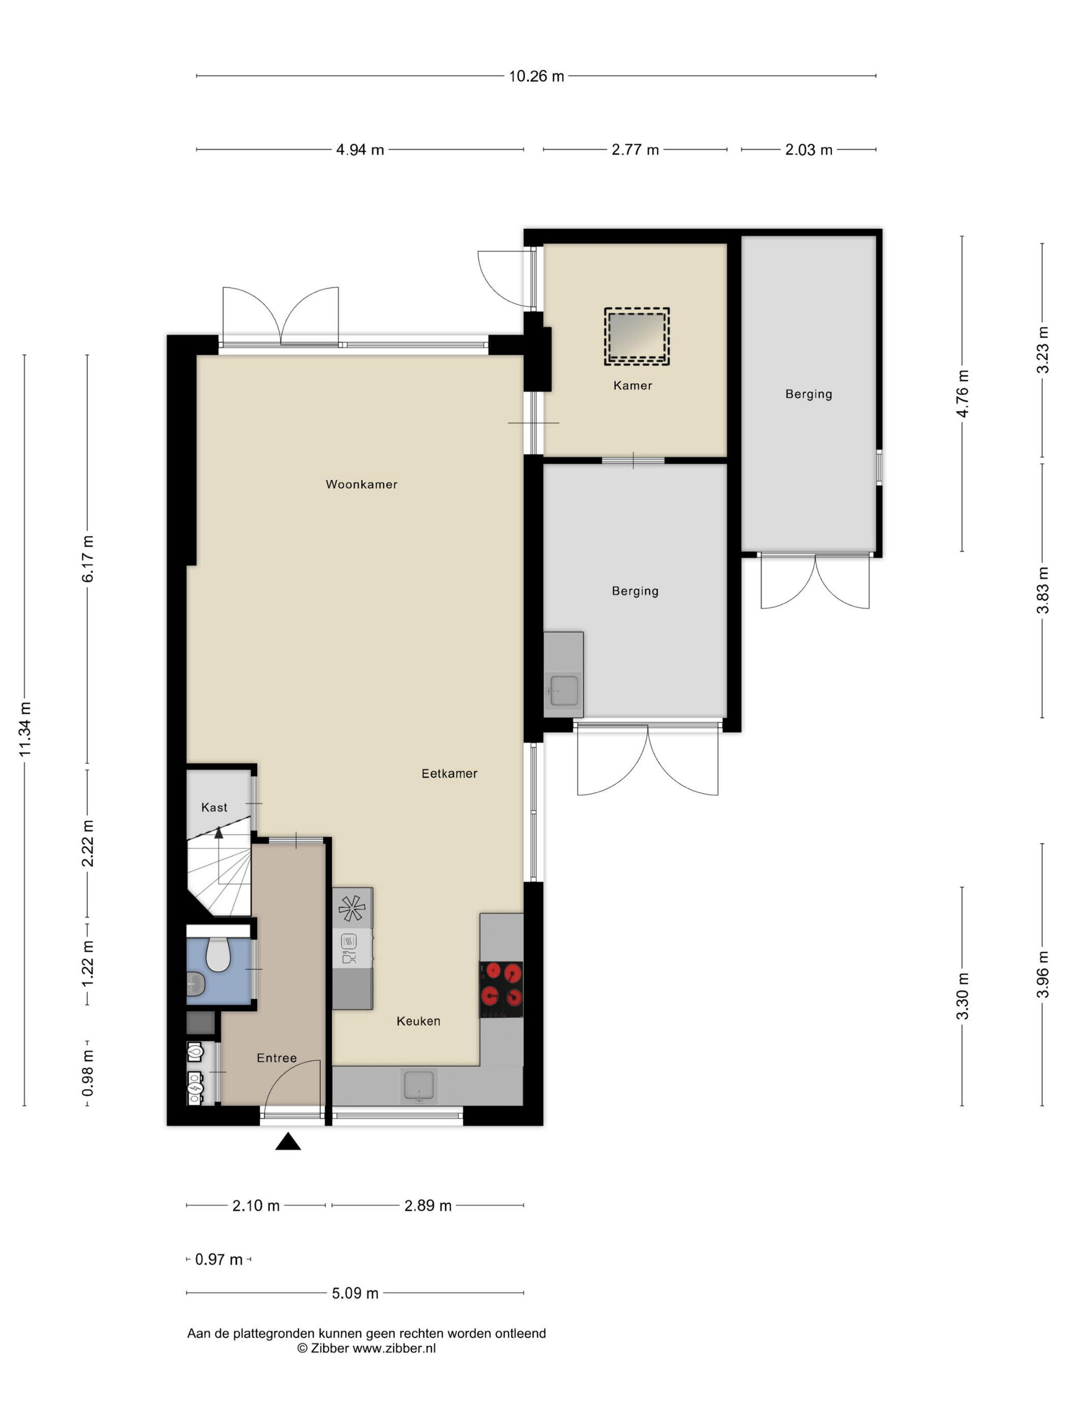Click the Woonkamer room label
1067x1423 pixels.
point(361,484)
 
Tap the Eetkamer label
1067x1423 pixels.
point(450,774)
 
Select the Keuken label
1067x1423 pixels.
point(419,1021)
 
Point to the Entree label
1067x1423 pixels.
point(276,1058)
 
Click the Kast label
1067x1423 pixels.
point(214,808)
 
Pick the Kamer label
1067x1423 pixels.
point(633,385)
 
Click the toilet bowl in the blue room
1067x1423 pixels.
point(218,954)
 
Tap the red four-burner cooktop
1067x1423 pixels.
point(501,989)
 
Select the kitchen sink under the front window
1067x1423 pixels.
point(419,1086)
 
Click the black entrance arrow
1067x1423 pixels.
point(288,1142)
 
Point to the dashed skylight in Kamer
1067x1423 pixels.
point(637,336)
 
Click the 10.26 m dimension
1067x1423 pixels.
point(537,76)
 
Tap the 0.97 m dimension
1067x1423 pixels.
point(218,1259)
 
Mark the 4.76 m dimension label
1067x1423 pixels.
point(962,394)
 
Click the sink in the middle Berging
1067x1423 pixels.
point(564,690)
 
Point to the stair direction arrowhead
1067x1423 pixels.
point(218,832)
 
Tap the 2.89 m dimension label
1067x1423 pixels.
point(428,1205)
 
